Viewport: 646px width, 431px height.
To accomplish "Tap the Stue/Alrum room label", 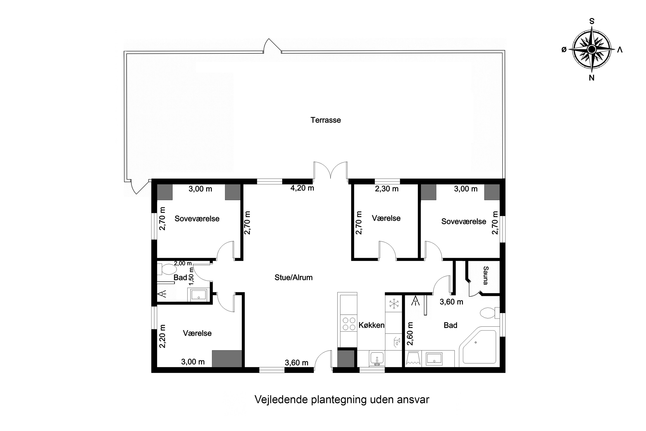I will pos(293,277).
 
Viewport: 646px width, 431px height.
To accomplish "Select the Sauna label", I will pos(485,275).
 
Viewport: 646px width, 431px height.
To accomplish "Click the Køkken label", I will pos(371,325).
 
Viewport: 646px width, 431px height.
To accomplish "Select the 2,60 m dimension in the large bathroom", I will pos(410,334).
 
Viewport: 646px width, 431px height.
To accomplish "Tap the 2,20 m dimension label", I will pos(163,336).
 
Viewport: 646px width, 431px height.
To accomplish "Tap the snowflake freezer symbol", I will pos(394,304).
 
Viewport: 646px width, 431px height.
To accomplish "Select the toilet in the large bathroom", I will pos(488,313).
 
